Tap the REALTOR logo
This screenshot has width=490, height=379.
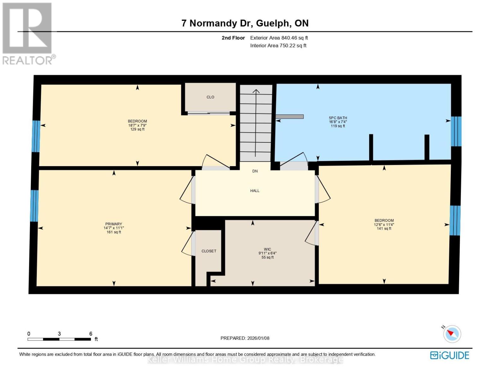point(28,33)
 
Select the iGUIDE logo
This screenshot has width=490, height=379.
point(450,355)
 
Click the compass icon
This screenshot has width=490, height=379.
point(452,334)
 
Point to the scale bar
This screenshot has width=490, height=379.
point(59,339)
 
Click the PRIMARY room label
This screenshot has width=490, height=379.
point(114,224)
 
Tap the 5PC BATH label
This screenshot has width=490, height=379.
point(338,118)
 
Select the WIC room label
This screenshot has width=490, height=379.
point(267,249)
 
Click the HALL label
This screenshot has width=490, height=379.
point(255,191)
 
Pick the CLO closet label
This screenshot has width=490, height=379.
point(210,97)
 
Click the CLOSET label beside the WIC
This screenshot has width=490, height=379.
point(209,251)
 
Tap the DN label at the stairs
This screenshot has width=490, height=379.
point(255,171)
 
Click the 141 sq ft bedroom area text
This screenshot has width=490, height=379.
point(384,229)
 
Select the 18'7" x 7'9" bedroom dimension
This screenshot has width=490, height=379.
point(137,125)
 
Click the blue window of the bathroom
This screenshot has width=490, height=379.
point(456,131)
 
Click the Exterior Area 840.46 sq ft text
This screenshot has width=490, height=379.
point(279,38)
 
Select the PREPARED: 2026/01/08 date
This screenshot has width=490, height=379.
point(245,338)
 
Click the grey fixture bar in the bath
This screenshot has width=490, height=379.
point(290,117)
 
